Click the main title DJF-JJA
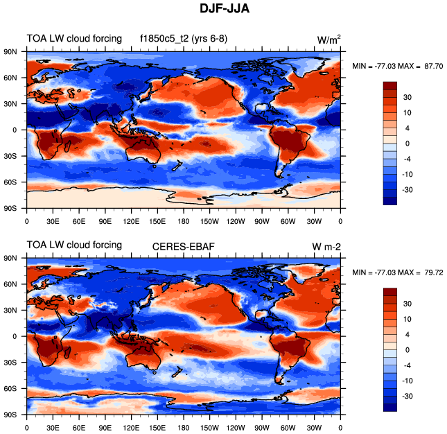(x=223, y=11)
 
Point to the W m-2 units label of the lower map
(x=326, y=245)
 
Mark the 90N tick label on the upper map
(x=10, y=51)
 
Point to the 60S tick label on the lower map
(x=10, y=389)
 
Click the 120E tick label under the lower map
(x=131, y=428)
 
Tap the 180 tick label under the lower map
(x=184, y=428)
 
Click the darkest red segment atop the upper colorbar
(x=391, y=85)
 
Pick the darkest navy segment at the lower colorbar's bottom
(x=391, y=408)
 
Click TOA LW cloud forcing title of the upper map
(x=74, y=38)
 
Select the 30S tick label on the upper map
(x=10, y=155)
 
